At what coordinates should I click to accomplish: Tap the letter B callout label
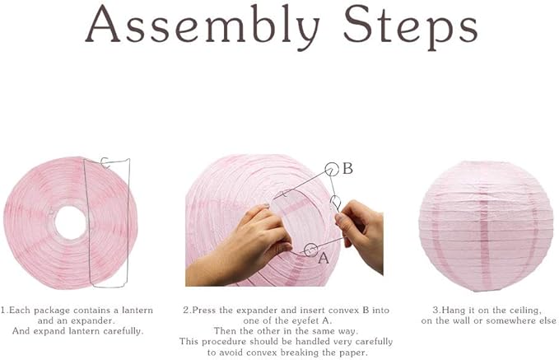pos(347,169)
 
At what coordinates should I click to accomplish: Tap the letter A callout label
pos(324,256)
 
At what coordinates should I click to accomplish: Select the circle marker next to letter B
pos(331,170)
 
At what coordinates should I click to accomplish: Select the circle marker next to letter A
pos(310,249)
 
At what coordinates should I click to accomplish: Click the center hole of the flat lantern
pos(70,222)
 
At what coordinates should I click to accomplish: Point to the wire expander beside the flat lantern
pos(106,222)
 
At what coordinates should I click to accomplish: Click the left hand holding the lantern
pos(239,243)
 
